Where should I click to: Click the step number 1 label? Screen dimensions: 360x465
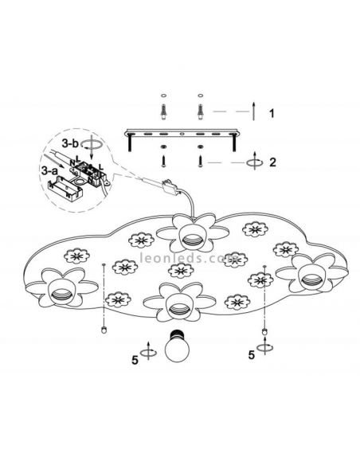tap(272, 113)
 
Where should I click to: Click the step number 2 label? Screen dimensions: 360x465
tap(272, 162)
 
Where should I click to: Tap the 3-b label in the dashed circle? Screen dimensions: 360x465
tap(70, 144)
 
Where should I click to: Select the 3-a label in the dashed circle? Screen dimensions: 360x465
tap(49, 170)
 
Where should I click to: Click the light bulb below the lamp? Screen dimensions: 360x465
tap(177, 346)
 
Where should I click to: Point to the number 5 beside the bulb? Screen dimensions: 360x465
tap(135, 361)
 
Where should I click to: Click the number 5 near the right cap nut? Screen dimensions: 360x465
tap(252, 354)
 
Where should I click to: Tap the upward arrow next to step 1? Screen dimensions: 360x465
tap(253, 111)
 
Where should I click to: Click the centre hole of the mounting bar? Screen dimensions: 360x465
tap(182, 135)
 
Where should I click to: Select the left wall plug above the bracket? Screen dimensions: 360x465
tap(163, 112)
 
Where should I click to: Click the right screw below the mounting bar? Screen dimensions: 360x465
tap(200, 162)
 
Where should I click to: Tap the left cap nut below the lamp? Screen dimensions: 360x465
tap(104, 330)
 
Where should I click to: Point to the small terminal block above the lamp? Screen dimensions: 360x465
tap(170, 187)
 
